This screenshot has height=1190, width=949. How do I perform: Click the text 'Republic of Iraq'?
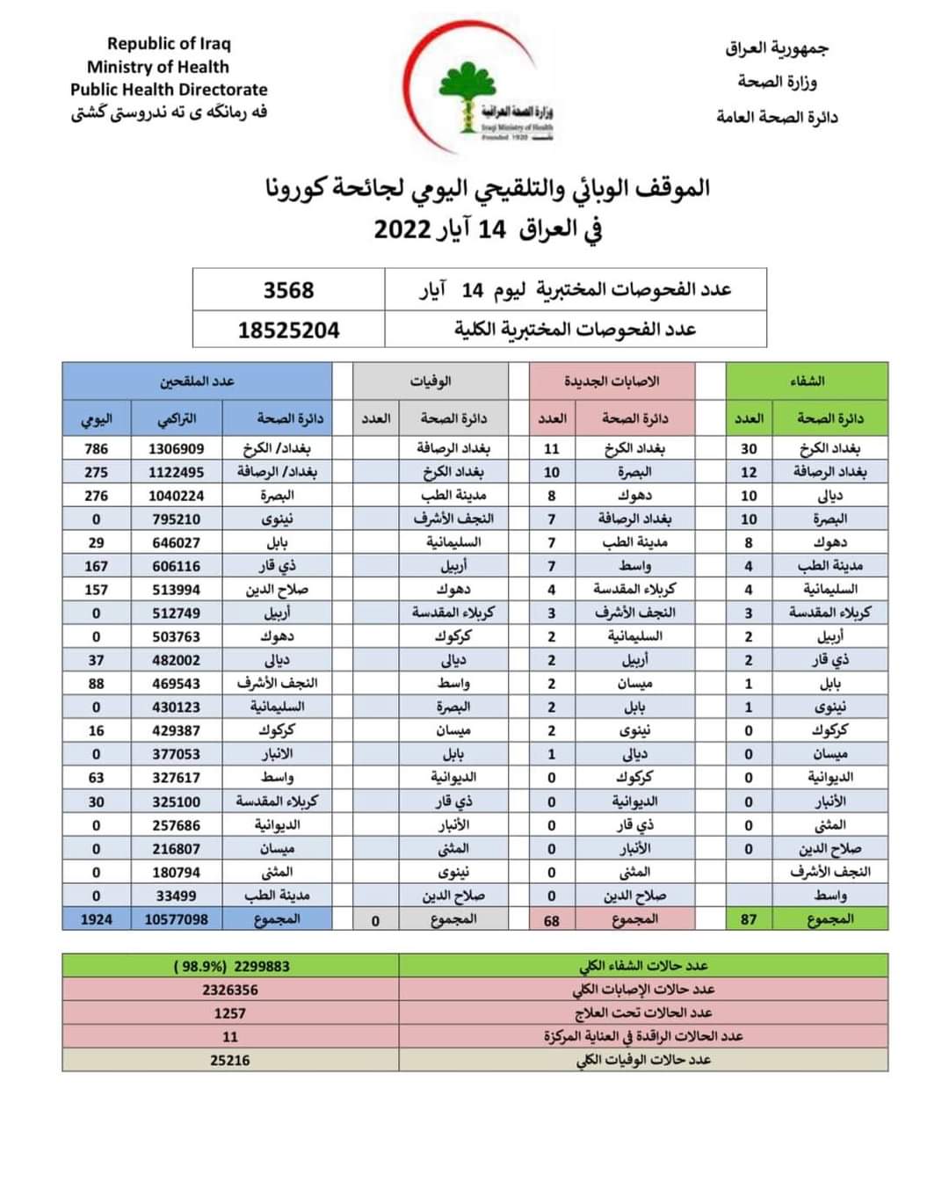tap(169, 43)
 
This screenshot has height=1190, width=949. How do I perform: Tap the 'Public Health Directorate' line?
tap(169, 89)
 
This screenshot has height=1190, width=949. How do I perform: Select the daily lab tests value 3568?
tap(288, 289)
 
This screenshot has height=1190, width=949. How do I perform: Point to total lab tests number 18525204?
tap(288, 330)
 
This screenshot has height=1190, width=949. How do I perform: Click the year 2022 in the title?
tap(402, 229)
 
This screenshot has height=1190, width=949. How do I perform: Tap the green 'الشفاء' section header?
tap(807, 381)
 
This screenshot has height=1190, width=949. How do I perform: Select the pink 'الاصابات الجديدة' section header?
tap(612, 381)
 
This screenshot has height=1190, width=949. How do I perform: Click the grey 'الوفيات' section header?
tap(431, 381)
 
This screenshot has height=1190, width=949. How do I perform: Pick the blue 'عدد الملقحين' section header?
tap(197, 381)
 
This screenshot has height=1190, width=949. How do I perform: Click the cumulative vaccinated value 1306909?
tap(176, 448)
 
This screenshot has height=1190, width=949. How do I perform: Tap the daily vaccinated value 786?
tap(97, 448)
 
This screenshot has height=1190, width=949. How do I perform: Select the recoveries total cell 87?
tap(749, 919)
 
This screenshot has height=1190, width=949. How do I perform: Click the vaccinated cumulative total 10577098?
tap(176, 919)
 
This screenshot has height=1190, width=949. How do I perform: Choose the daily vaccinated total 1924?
tap(97, 919)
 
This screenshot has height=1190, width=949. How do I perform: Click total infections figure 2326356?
tap(230, 990)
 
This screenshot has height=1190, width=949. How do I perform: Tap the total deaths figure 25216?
tap(230, 1060)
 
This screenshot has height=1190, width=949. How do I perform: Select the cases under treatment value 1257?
tap(230, 1013)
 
